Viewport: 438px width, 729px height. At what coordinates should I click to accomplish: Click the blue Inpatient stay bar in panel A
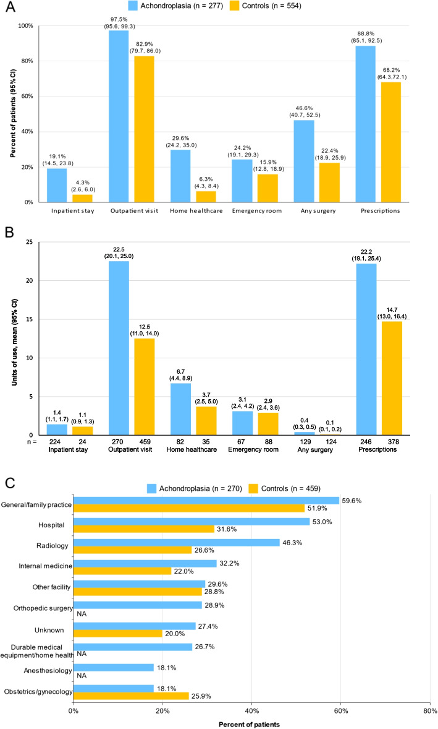[x=57, y=185]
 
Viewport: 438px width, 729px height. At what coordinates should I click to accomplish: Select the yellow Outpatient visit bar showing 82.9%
[x=144, y=129]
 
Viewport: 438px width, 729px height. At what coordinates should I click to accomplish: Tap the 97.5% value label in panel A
[x=120, y=20]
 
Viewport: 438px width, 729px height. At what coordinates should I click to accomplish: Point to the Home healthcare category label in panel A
[x=196, y=210]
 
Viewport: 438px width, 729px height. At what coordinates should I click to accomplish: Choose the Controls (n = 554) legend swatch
[x=234, y=6]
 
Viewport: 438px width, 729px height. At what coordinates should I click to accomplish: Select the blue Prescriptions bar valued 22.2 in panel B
[x=366, y=349]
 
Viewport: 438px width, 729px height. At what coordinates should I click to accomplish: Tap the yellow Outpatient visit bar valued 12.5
[x=145, y=387]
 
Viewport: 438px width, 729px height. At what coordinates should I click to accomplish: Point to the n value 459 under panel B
[x=145, y=442]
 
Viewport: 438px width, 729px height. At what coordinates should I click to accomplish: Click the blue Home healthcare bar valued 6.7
[x=180, y=409]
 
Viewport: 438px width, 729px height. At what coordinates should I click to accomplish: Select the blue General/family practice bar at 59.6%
[x=206, y=500]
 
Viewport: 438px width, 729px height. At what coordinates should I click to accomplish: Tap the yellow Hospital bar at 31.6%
[x=144, y=528]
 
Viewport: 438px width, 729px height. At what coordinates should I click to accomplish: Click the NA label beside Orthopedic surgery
[x=82, y=614]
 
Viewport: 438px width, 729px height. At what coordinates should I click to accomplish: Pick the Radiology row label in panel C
[x=53, y=545]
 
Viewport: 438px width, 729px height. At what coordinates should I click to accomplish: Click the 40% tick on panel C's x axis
[x=251, y=711]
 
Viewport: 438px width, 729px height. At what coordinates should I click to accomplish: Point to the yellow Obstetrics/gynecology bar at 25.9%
[x=132, y=696]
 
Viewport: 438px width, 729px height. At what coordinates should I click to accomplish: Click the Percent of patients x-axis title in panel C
[x=249, y=724]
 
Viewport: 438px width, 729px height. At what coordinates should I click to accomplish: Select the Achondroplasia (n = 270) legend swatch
[x=151, y=488]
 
